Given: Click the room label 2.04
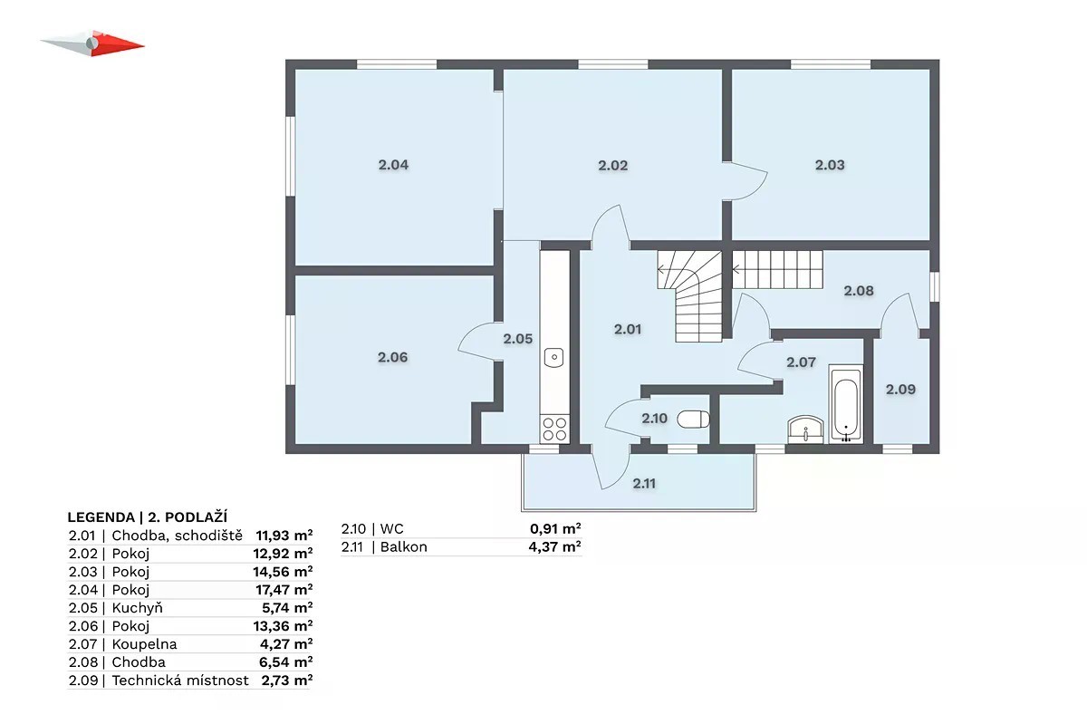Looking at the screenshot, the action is (393, 165).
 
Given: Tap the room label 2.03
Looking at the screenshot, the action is (830, 165).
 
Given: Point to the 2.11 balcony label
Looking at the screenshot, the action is (644, 483).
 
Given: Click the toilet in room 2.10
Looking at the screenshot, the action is (693, 419).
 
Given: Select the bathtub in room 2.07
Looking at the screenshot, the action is (846, 404).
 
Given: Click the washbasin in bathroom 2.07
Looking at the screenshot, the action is (805, 430).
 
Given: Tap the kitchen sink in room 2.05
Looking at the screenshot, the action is (553, 357).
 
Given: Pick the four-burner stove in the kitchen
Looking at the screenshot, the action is (554, 429).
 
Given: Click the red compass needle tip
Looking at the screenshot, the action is (144, 46).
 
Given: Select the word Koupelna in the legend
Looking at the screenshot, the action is (144, 644).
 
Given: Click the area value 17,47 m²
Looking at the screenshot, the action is (284, 590).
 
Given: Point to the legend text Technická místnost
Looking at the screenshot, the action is (180, 681).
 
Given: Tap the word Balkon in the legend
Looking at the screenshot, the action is (404, 546).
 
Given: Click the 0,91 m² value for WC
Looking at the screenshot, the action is (555, 528).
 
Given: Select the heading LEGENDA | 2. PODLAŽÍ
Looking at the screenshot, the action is (147, 517).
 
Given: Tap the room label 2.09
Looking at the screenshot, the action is (900, 389).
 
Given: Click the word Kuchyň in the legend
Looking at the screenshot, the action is (138, 608).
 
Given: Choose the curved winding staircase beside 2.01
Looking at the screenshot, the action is (690, 295).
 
